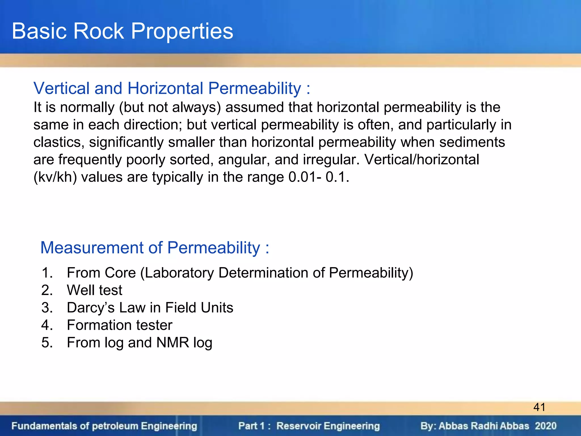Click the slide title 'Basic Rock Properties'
tap(122, 31)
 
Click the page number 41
tap(539, 407)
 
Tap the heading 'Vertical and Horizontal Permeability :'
tap(172, 88)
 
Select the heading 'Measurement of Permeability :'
tap(155, 248)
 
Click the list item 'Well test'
tap(94, 290)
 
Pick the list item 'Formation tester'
tap(119, 325)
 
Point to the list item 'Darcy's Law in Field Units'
tap(150, 308)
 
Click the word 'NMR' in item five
tap(172, 343)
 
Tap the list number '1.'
tap(47, 273)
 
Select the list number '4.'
tap(47, 325)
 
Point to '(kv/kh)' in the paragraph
tap(55, 177)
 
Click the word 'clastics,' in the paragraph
tap(59, 142)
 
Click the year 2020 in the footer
tap(546, 426)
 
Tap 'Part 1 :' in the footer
tap(254, 426)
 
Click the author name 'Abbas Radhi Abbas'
tap(484, 426)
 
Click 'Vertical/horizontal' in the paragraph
tap(422, 160)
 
